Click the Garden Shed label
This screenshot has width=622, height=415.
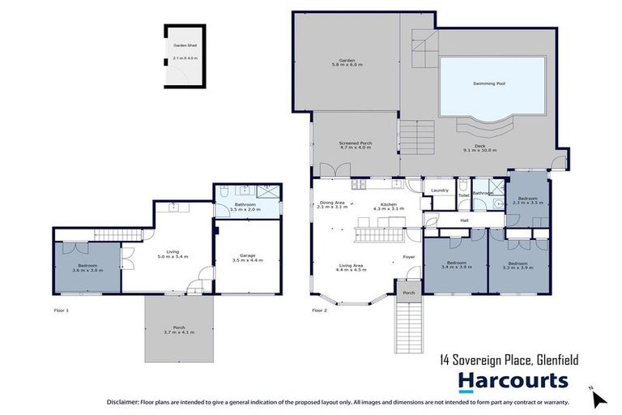click(x=185, y=46)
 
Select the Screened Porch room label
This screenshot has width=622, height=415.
click(x=354, y=143)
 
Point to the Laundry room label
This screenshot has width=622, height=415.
click(x=440, y=190)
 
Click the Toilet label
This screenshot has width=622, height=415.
click(x=463, y=195)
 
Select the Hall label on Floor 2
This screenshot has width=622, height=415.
click(x=464, y=220)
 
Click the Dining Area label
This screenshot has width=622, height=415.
click(x=333, y=203)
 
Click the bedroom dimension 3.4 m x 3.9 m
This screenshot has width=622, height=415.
click(x=457, y=267)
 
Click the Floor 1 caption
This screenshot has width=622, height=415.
click(x=61, y=310)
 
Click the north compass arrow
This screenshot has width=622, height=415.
click(x=599, y=398)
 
